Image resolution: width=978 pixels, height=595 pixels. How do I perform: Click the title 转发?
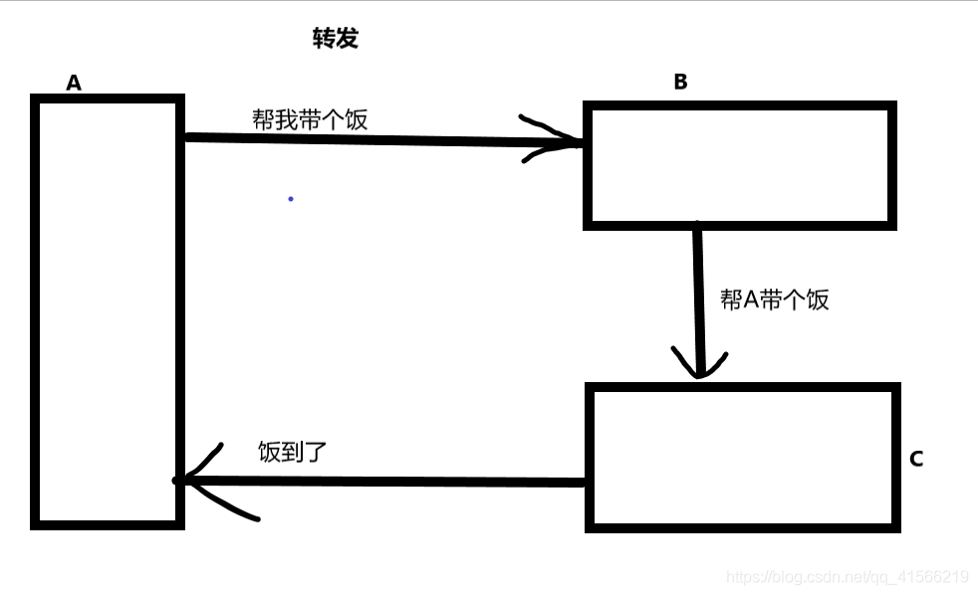point(335,39)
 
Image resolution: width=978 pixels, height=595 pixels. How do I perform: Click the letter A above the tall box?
point(74,83)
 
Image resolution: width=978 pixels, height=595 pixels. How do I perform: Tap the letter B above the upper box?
point(680,82)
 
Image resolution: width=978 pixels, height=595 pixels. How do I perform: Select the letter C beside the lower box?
point(916,459)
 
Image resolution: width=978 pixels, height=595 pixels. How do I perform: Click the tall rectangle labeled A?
point(108,310)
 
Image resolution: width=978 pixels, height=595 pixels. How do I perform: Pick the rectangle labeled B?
point(739,164)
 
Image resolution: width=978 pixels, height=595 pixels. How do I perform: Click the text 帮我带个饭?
point(310,119)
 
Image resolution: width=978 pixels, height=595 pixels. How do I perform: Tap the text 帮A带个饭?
point(774,299)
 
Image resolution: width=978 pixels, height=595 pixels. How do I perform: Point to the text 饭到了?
point(292,452)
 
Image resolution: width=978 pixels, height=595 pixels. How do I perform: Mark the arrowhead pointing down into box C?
point(699,364)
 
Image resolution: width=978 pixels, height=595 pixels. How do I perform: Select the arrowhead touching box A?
point(199,480)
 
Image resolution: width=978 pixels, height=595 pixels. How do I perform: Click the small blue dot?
point(291,199)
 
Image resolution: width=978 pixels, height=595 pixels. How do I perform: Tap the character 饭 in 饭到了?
point(269,452)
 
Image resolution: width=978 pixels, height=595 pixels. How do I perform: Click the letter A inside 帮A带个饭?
point(752,299)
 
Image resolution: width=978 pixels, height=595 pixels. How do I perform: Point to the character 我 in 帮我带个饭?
point(287,119)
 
